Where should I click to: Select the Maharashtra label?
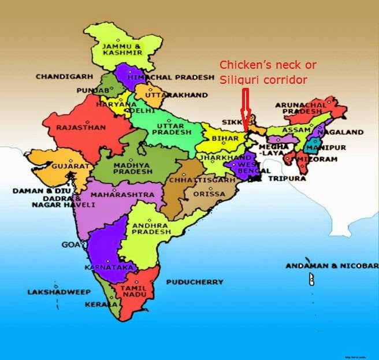tap(122, 195)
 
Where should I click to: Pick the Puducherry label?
tap(194, 282)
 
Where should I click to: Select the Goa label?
tap(70, 245)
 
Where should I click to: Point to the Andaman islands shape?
tap(311, 280)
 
